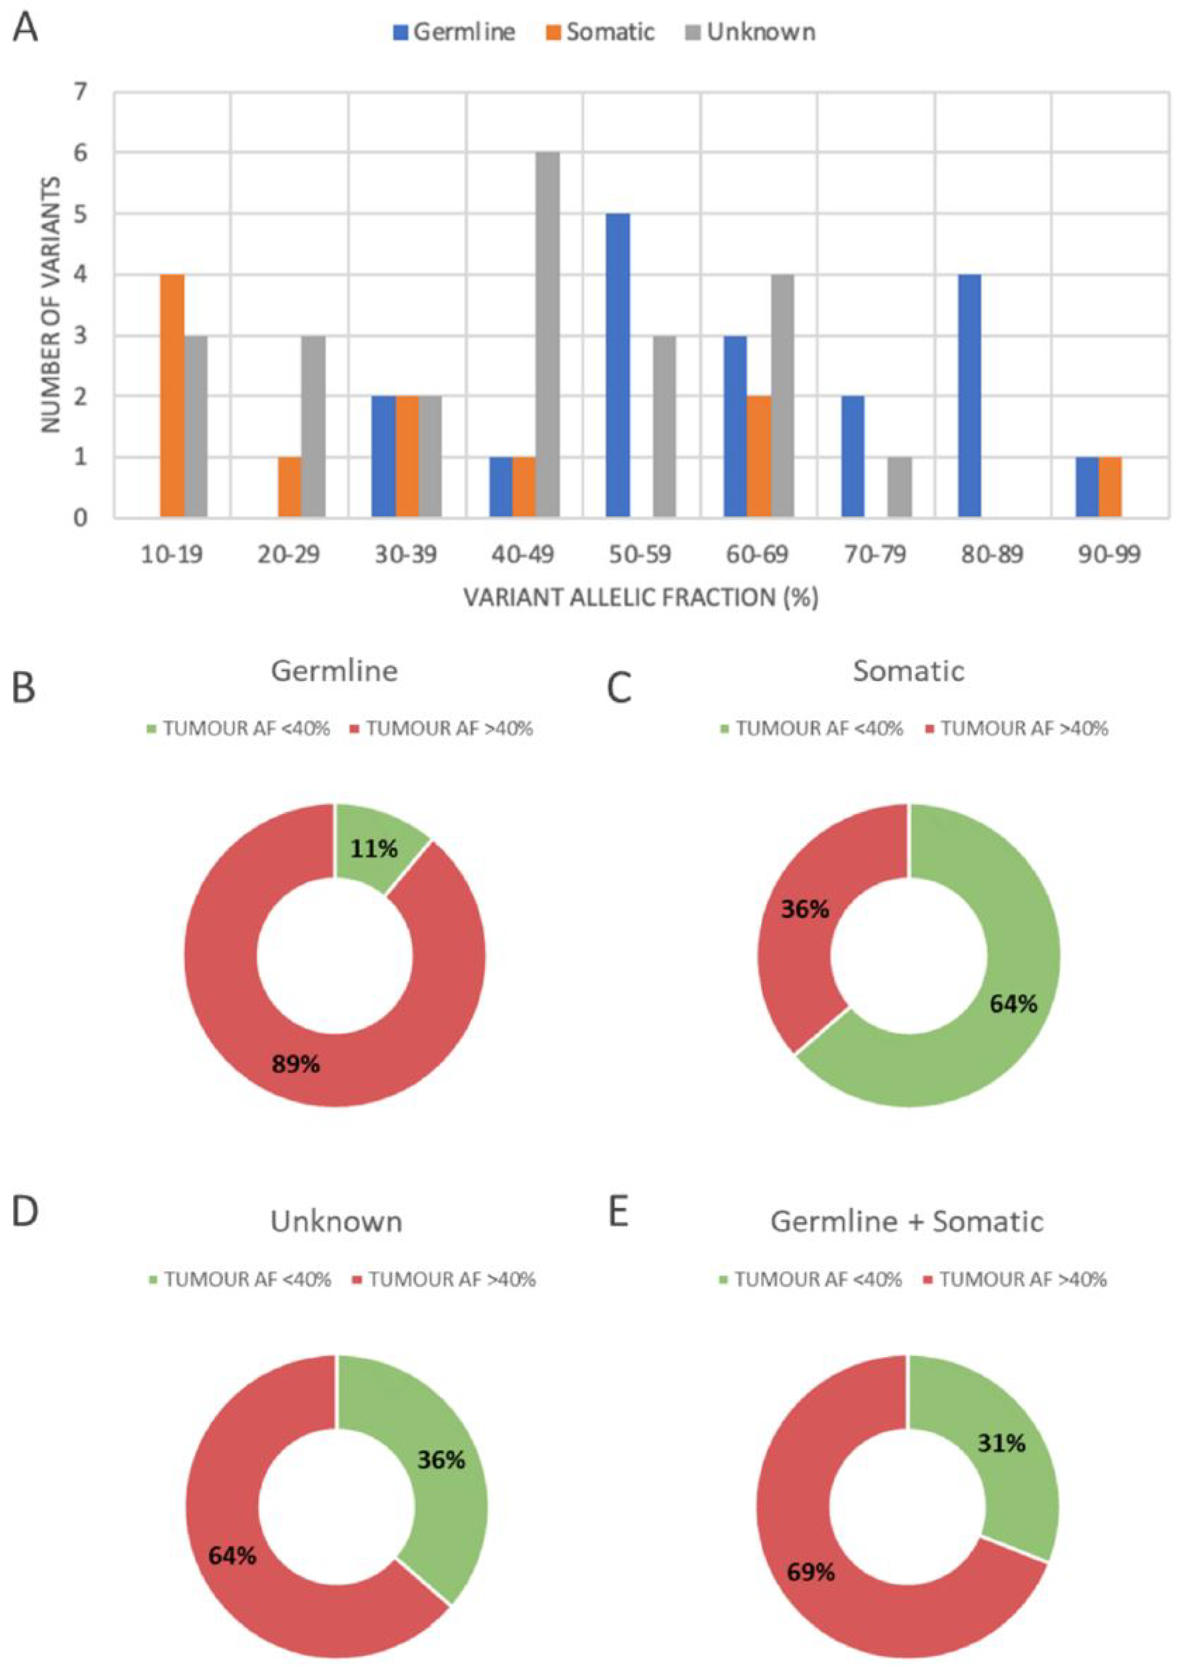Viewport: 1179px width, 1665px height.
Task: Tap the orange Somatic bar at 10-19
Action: [x=172, y=396]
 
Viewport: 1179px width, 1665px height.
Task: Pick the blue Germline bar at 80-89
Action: [x=969, y=396]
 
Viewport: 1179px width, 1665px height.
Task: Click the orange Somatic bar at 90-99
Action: [x=1110, y=488]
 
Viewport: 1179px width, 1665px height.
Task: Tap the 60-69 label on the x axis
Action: [x=758, y=554]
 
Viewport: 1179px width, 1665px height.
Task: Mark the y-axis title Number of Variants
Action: [x=51, y=305]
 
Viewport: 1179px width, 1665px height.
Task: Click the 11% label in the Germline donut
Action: [x=374, y=848]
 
